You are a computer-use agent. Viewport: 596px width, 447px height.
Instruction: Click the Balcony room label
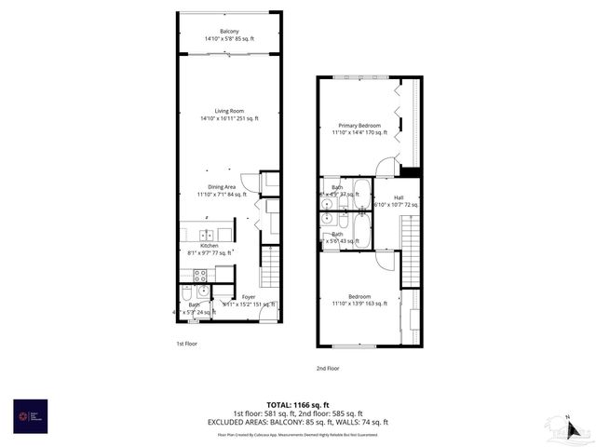pos(229,32)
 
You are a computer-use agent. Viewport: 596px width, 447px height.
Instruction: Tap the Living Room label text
pos(229,111)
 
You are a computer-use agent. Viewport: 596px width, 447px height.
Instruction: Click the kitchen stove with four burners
pos(199,275)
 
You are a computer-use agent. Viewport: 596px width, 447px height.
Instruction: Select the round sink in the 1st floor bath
pos(203,291)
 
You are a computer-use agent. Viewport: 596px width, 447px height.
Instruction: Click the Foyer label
pos(249,297)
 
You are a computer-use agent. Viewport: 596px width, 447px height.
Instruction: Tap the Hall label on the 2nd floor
pos(399,197)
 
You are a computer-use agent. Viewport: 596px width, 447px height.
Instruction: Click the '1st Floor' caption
pos(186,344)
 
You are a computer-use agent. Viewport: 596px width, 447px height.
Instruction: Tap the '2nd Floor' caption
pos(326,368)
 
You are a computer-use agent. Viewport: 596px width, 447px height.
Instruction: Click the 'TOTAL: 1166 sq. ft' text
pos(298,404)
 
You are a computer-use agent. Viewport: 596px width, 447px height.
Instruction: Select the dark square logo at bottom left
pos(24,413)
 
